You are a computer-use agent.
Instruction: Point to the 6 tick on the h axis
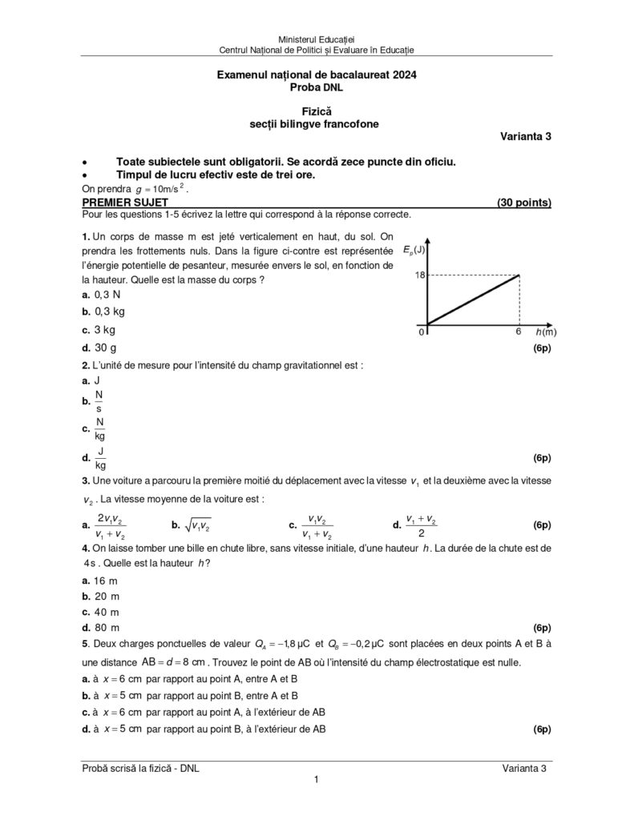[x=519, y=332]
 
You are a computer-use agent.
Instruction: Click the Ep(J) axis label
[x=414, y=248]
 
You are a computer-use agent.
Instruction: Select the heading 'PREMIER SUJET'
[x=125, y=203]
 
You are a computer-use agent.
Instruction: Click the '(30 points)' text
[x=523, y=203]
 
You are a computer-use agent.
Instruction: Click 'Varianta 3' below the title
[x=526, y=136]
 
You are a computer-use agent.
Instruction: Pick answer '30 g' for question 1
[x=105, y=348]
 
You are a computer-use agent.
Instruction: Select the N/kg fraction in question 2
[x=100, y=429]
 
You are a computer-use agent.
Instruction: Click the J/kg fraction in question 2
[x=100, y=458]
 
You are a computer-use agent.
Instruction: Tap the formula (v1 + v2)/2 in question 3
[x=421, y=525]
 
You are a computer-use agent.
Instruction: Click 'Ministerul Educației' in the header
[x=317, y=39]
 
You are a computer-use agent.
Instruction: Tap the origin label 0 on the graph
[x=421, y=332]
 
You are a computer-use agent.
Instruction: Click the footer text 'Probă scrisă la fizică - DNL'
[x=141, y=767]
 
